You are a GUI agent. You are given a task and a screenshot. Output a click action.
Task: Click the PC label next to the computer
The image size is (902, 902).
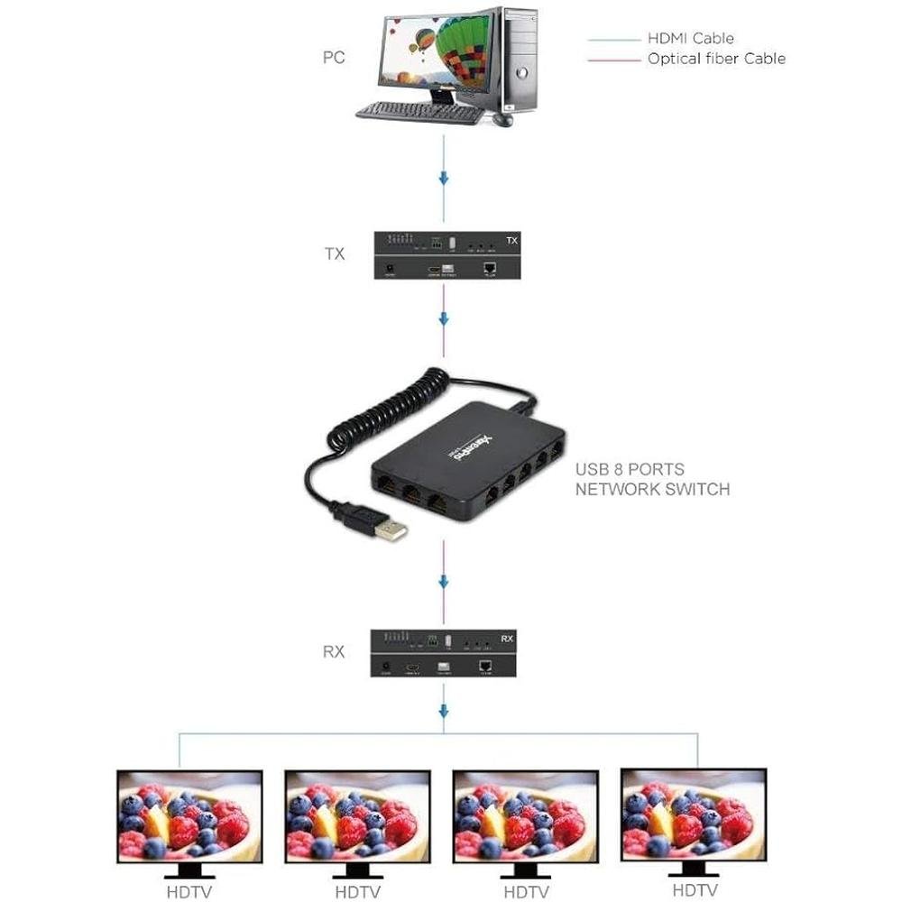[x=334, y=58]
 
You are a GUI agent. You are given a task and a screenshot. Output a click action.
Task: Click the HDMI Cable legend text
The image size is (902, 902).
[x=690, y=38]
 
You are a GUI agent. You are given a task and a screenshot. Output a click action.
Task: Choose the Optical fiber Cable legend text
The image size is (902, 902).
[x=716, y=59]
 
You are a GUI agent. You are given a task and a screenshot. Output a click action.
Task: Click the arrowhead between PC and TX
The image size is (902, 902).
[x=443, y=178]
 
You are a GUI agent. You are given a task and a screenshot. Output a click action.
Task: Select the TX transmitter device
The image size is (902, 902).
[x=447, y=255]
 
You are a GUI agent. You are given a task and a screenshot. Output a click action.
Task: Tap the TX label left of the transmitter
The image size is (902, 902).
[x=334, y=254]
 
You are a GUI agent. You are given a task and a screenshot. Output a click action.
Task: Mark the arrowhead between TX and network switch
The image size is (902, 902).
[x=443, y=319]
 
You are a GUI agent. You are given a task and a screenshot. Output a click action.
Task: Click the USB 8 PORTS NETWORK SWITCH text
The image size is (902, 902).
[x=652, y=480]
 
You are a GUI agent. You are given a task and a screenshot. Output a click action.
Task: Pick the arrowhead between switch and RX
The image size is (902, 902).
[x=443, y=582]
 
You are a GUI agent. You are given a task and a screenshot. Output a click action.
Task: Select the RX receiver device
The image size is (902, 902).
[x=447, y=654]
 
